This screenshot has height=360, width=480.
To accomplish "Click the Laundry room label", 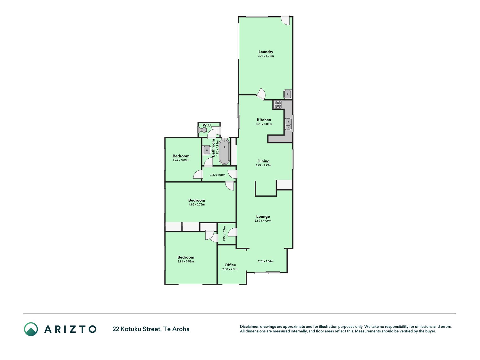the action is [x=266, y=52].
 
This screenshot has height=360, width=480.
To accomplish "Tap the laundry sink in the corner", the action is [x=288, y=94].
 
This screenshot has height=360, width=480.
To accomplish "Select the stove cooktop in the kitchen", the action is [x=278, y=105].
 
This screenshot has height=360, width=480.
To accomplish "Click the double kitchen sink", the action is [x=289, y=124].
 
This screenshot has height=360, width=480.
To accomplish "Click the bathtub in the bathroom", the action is [x=224, y=151].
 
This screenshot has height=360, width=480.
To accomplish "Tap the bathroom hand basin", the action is [x=207, y=150].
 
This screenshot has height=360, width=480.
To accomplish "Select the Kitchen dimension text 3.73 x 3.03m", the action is [x=264, y=124].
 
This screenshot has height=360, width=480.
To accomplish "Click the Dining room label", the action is [x=263, y=161].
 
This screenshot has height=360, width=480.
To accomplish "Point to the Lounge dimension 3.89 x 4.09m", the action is [x=263, y=221].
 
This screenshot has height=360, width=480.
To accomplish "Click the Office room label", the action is [x=230, y=265].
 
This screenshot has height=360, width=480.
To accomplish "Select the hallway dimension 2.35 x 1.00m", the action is [x=217, y=175].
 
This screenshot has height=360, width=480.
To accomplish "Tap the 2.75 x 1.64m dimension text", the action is [x=266, y=261].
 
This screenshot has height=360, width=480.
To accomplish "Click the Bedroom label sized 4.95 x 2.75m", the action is [x=197, y=201].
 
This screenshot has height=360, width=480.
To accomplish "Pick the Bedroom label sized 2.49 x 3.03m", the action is [x=181, y=156].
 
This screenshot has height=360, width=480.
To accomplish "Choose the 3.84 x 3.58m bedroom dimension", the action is [x=186, y=262].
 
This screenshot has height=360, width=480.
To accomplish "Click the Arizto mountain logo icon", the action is [x=31, y=329].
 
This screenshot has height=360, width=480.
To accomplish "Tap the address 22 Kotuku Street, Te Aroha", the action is [x=151, y=329].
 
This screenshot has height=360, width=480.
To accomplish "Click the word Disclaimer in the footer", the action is [x=249, y=327].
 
